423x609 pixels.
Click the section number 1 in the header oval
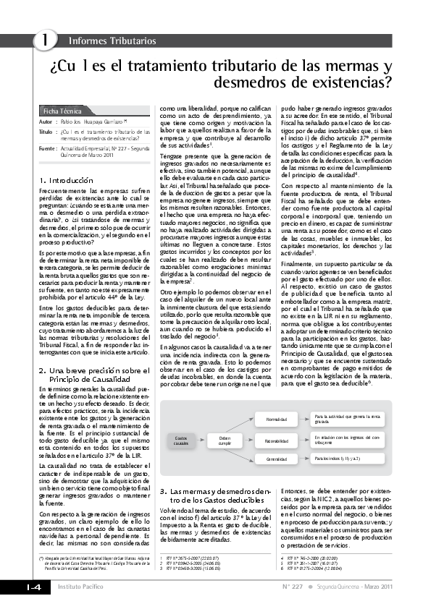click(45, 41)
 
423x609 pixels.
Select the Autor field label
click(46, 123)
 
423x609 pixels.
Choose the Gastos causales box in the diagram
click(180, 440)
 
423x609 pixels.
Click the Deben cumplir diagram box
click(225, 440)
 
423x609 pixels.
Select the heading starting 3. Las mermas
click(209, 495)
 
